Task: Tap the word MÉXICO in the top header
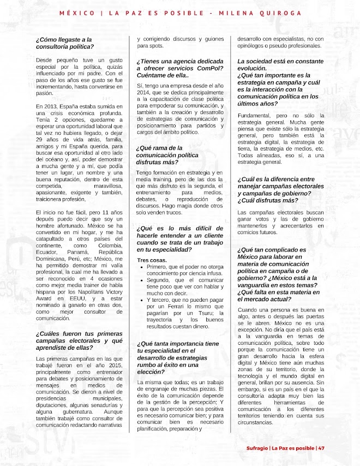pos(76,13)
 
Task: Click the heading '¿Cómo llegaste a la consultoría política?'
pos(64,43)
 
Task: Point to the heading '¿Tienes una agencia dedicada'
pos(180,61)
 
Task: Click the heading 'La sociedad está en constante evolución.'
pos(280,65)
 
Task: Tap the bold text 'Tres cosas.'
pos(152,260)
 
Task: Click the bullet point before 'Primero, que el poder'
pos(142,267)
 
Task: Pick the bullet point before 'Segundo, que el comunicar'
pos(142,280)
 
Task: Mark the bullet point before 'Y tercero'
pos(142,300)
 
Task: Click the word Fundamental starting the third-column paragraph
pos(254,115)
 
